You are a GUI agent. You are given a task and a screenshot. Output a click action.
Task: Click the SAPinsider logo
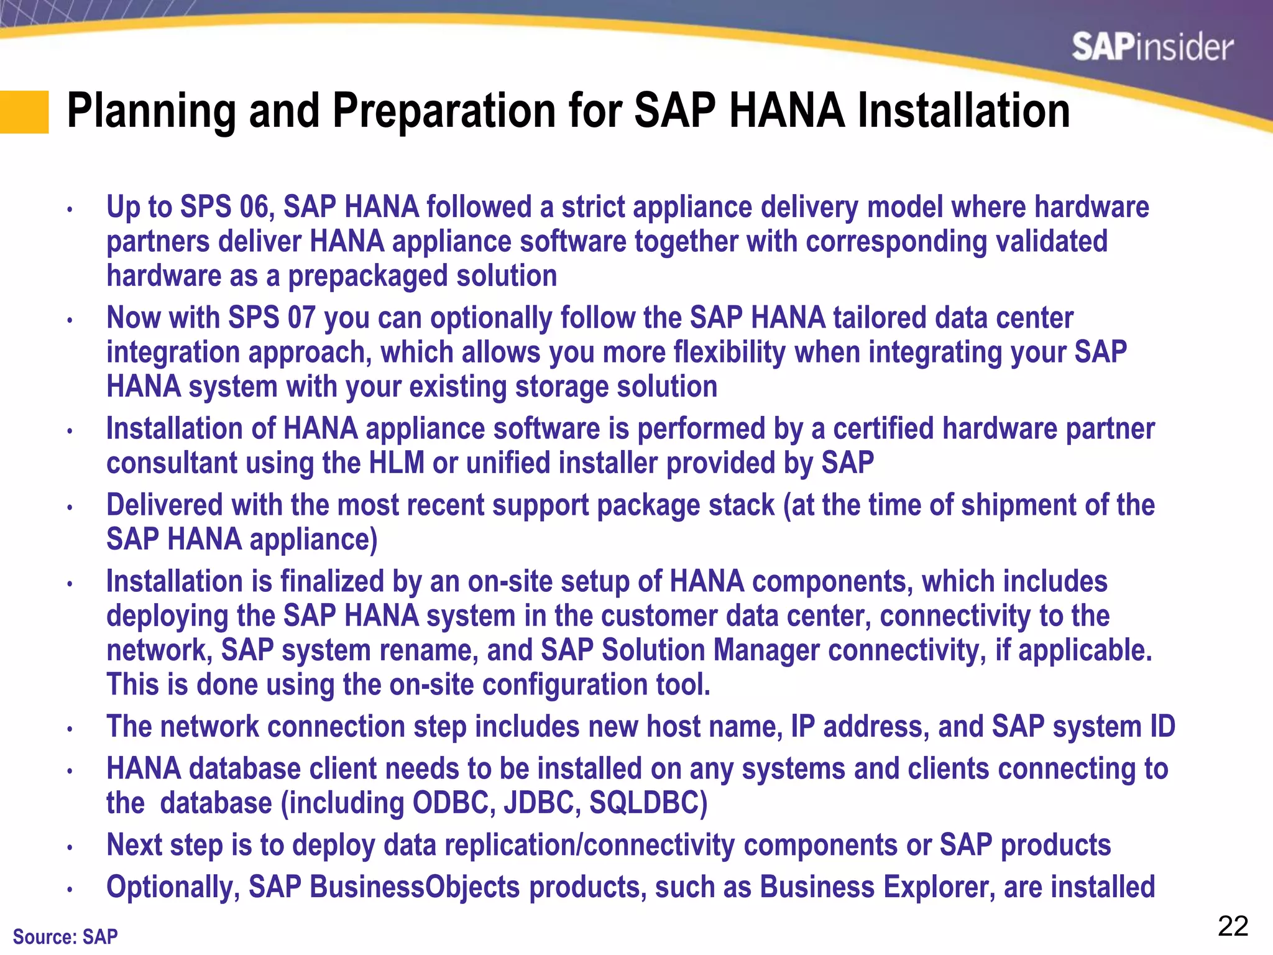(x=1152, y=48)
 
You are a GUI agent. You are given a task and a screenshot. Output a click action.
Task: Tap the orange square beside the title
(x=24, y=112)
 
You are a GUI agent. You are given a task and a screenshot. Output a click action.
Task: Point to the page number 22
(x=1233, y=926)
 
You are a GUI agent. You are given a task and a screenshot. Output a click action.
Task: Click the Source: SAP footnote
(x=65, y=936)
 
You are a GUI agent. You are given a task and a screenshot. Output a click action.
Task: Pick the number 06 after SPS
(x=257, y=207)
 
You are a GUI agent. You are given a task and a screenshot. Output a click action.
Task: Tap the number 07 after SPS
(x=301, y=318)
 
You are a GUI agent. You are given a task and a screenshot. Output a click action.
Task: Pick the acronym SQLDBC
(x=648, y=803)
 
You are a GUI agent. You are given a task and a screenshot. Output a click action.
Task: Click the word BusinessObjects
(x=415, y=887)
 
